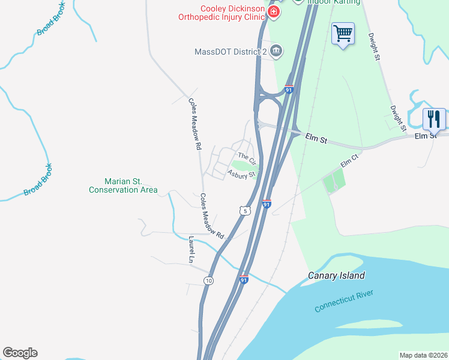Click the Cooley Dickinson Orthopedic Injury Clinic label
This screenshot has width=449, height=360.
(221, 13)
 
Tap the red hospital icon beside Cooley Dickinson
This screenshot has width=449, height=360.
(274, 12)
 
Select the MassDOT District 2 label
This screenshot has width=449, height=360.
(231, 52)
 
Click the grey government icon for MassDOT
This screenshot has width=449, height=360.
(276, 50)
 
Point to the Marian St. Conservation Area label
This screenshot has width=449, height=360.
(123, 185)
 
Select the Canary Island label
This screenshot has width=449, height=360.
(336, 275)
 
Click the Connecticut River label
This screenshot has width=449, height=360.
(344, 301)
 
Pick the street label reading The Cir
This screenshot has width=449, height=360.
(247, 158)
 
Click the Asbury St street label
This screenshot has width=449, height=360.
(241, 174)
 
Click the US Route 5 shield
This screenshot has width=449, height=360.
(243, 211)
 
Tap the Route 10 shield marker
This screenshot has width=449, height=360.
(208, 280)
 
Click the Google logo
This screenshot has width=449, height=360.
(20, 353)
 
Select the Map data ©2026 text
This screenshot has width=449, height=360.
(423, 355)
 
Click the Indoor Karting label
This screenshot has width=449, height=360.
(334, 2)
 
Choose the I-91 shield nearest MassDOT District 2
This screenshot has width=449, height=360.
(289, 89)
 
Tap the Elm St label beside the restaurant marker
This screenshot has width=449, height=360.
(426, 136)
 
